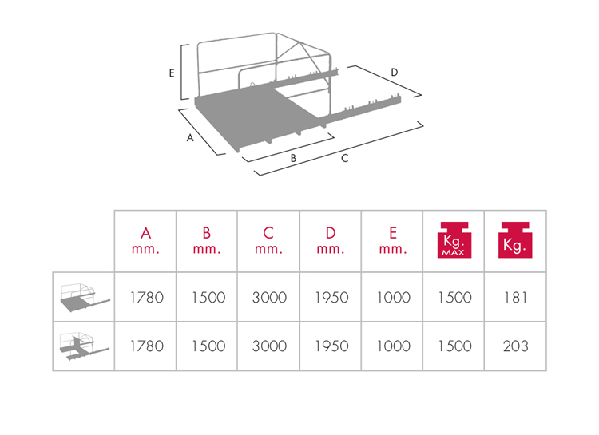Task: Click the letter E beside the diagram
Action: click(x=172, y=73)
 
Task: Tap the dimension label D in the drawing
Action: click(x=395, y=72)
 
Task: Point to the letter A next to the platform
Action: click(x=190, y=138)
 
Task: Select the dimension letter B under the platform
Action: click(x=293, y=158)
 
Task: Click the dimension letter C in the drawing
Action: click(x=344, y=158)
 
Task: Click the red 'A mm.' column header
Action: click(x=145, y=240)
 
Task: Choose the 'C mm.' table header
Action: click(x=268, y=240)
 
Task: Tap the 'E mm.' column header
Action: click(x=393, y=240)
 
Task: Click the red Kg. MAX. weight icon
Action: click(x=454, y=239)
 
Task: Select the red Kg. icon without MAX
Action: click(x=515, y=239)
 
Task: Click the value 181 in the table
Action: click(x=515, y=297)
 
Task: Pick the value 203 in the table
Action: click(x=515, y=346)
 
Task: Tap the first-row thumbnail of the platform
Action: click(x=85, y=298)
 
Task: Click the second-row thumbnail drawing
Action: click(x=85, y=346)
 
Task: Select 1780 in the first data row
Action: click(x=147, y=297)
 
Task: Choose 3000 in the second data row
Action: click(x=269, y=346)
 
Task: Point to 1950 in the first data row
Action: click(x=331, y=297)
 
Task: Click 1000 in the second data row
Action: click(x=394, y=346)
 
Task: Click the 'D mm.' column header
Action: click(x=331, y=240)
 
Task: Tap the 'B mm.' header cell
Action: click(x=207, y=240)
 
